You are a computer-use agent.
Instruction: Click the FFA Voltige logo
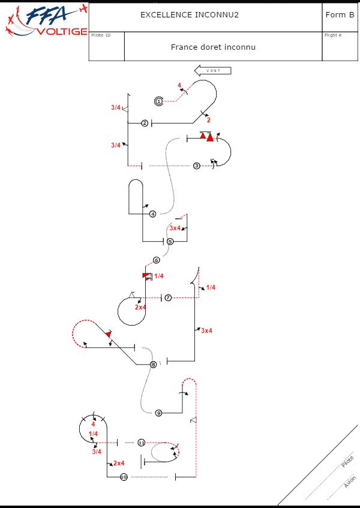(45, 21)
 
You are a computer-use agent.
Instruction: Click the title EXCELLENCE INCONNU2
(190, 14)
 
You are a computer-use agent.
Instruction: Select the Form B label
(340, 14)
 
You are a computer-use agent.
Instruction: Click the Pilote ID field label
(101, 35)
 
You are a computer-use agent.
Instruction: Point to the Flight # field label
(333, 35)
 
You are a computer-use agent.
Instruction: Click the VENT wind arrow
(213, 71)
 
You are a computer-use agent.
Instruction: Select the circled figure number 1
(158, 101)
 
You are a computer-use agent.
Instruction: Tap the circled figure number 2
(145, 123)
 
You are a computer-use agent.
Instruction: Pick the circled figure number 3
(196, 166)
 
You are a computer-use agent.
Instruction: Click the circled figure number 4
(152, 214)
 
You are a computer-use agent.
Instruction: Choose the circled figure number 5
(170, 241)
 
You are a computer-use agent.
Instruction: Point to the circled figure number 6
(156, 260)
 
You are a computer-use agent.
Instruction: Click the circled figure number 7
(168, 297)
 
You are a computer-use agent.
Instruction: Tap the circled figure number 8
(153, 364)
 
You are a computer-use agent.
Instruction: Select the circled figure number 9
(158, 413)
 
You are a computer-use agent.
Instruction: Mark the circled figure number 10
(124, 477)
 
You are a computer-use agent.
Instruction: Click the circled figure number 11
(141, 442)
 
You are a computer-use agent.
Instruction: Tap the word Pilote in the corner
(347, 462)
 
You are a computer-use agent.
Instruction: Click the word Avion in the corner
(350, 482)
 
